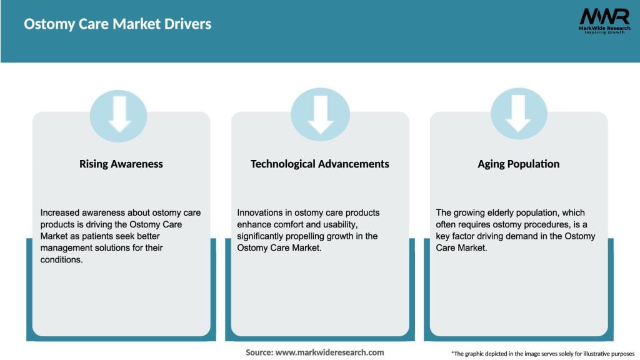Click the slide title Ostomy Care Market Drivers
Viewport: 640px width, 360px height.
pyautogui.click(x=117, y=24)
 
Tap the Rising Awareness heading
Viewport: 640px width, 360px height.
pyautogui.click(x=121, y=164)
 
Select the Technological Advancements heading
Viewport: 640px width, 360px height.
pyautogui.click(x=319, y=164)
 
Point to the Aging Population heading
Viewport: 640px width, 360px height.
pyautogui.click(x=518, y=164)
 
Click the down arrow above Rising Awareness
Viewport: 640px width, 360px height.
pyautogui.click(x=119, y=114)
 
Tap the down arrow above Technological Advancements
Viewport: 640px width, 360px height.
pyautogui.click(x=320, y=114)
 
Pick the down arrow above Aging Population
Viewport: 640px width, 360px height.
pyautogui.click(x=518, y=114)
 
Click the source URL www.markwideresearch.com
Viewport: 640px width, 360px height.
pyautogui.click(x=330, y=352)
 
